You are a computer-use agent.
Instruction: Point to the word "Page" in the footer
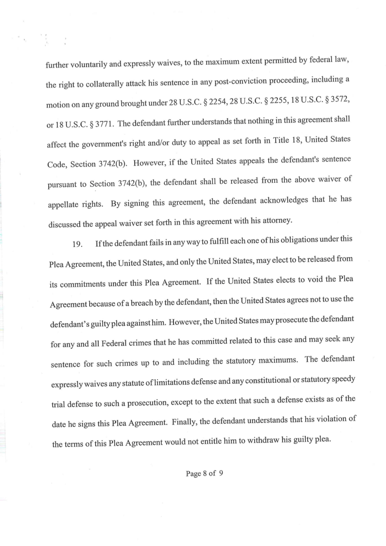coord(193,474)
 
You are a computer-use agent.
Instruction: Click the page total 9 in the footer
coord(221,474)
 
